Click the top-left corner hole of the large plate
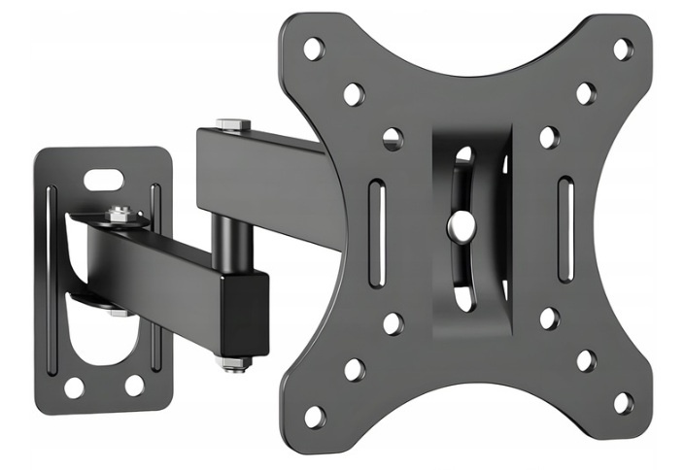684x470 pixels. pyautogui.click(x=313, y=47)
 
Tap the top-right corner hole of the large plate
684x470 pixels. pyautogui.click(x=623, y=48)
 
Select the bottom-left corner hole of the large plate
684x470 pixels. pyautogui.click(x=314, y=417)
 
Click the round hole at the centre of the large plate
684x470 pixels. pyautogui.click(x=460, y=227)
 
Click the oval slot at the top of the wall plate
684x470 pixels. pyautogui.click(x=104, y=179)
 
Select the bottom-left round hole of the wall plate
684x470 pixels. pyautogui.click(x=74, y=386)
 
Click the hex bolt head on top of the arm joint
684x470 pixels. pyautogui.click(x=234, y=124)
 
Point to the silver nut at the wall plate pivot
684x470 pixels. pyautogui.click(x=120, y=213)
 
